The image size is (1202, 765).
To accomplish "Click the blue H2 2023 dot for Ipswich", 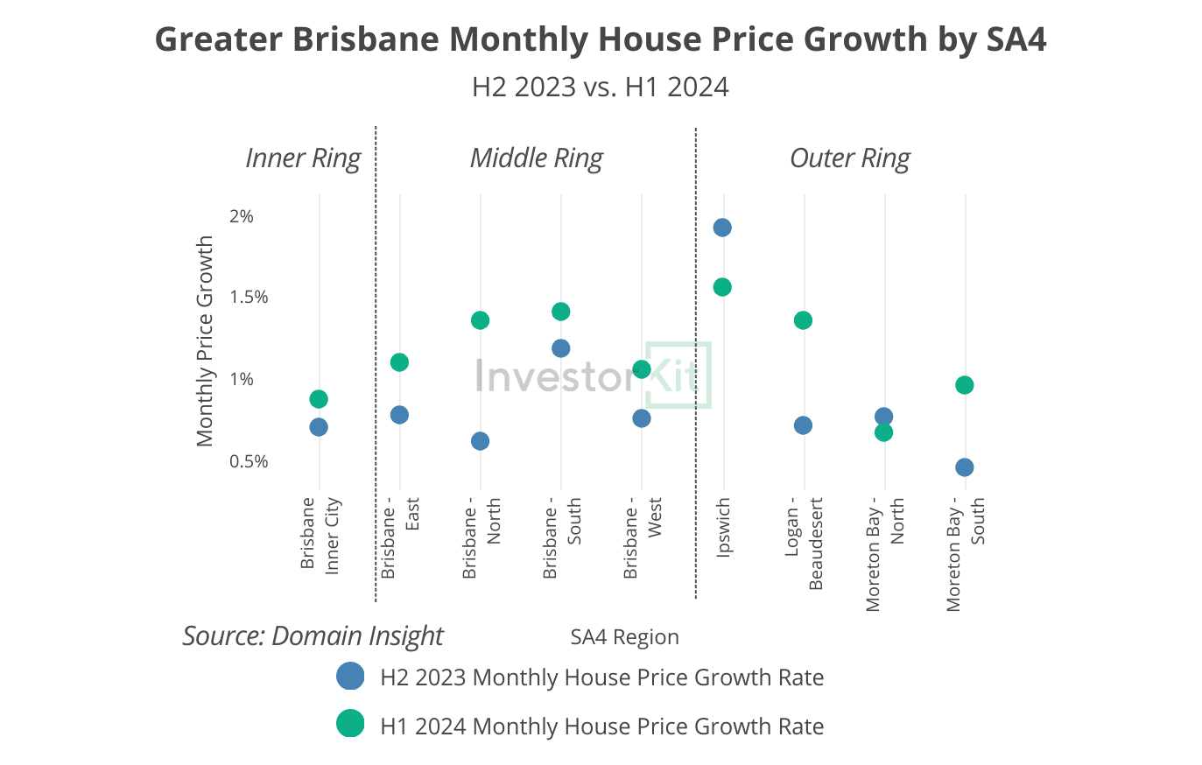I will pyautogui.click(x=722, y=228).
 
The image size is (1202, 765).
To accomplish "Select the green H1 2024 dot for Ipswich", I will pyautogui.click(x=722, y=287).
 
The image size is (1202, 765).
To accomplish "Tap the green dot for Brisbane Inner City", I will pyautogui.click(x=319, y=399).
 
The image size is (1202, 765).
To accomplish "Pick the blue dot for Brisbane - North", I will pyautogui.click(x=480, y=441).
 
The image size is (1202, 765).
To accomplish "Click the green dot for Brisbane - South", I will pyautogui.click(x=561, y=312).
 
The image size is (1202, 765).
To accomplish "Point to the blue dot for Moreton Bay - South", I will pyautogui.click(x=964, y=467).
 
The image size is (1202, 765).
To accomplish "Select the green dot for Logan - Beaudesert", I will pyautogui.click(x=803, y=320).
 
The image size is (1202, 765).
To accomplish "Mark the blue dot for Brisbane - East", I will pyautogui.click(x=399, y=415).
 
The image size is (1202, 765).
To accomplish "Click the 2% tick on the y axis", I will pyautogui.click(x=242, y=216).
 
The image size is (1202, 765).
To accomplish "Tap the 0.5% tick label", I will pyautogui.click(x=249, y=461).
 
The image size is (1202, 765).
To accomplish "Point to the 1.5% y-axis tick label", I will pyautogui.click(x=249, y=298).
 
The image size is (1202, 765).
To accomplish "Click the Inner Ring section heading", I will pyautogui.click(x=303, y=158).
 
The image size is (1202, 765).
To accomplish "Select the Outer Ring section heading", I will pyautogui.click(x=849, y=158).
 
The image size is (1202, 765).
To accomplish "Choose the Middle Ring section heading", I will pyautogui.click(x=536, y=158).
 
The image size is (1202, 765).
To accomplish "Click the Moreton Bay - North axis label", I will pyautogui.click(x=884, y=554).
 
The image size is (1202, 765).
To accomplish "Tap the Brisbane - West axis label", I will pyautogui.click(x=642, y=537).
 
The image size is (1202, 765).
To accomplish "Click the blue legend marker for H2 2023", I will pyautogui.click(x=350, y=677).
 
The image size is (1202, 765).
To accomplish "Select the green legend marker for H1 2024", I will pyautogui.click(x=350, y=724).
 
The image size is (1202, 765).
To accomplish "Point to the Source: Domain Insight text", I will pyautogui.click(x=313, y=635).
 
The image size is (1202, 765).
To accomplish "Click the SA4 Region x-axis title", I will pyautogui.click(x=624, y=637).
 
